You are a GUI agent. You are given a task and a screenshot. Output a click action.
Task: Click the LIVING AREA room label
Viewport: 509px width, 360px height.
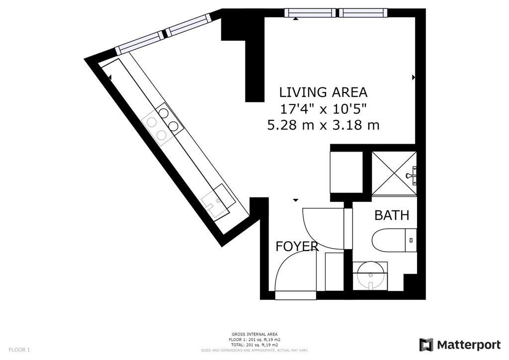point(323,92)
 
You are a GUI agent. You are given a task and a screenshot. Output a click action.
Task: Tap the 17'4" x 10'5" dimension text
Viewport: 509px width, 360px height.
point(323,109)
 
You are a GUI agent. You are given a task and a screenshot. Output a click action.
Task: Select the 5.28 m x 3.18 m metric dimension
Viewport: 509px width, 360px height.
point(323,125)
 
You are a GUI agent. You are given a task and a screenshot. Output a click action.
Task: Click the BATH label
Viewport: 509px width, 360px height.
point(392,215)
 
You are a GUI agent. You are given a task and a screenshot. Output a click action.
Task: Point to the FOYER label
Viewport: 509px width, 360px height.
point(297,247)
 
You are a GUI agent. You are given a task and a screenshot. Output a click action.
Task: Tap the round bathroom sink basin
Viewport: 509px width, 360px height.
point(370,275)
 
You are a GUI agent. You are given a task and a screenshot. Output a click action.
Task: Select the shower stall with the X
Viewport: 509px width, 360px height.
point(394,174)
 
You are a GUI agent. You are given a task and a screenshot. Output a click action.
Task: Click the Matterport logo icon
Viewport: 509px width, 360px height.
point(426,345)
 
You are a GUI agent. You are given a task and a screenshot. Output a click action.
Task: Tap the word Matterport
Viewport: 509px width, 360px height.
point(469,345)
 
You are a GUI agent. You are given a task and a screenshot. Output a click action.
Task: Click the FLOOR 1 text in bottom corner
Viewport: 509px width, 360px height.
point(19,350)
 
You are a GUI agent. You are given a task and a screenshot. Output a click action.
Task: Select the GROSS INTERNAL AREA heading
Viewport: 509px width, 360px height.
point(254,334)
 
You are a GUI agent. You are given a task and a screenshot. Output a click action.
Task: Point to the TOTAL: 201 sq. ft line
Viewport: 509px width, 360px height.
point(254,345)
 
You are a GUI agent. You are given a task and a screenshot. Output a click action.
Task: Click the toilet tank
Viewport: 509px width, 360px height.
point(411,240)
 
